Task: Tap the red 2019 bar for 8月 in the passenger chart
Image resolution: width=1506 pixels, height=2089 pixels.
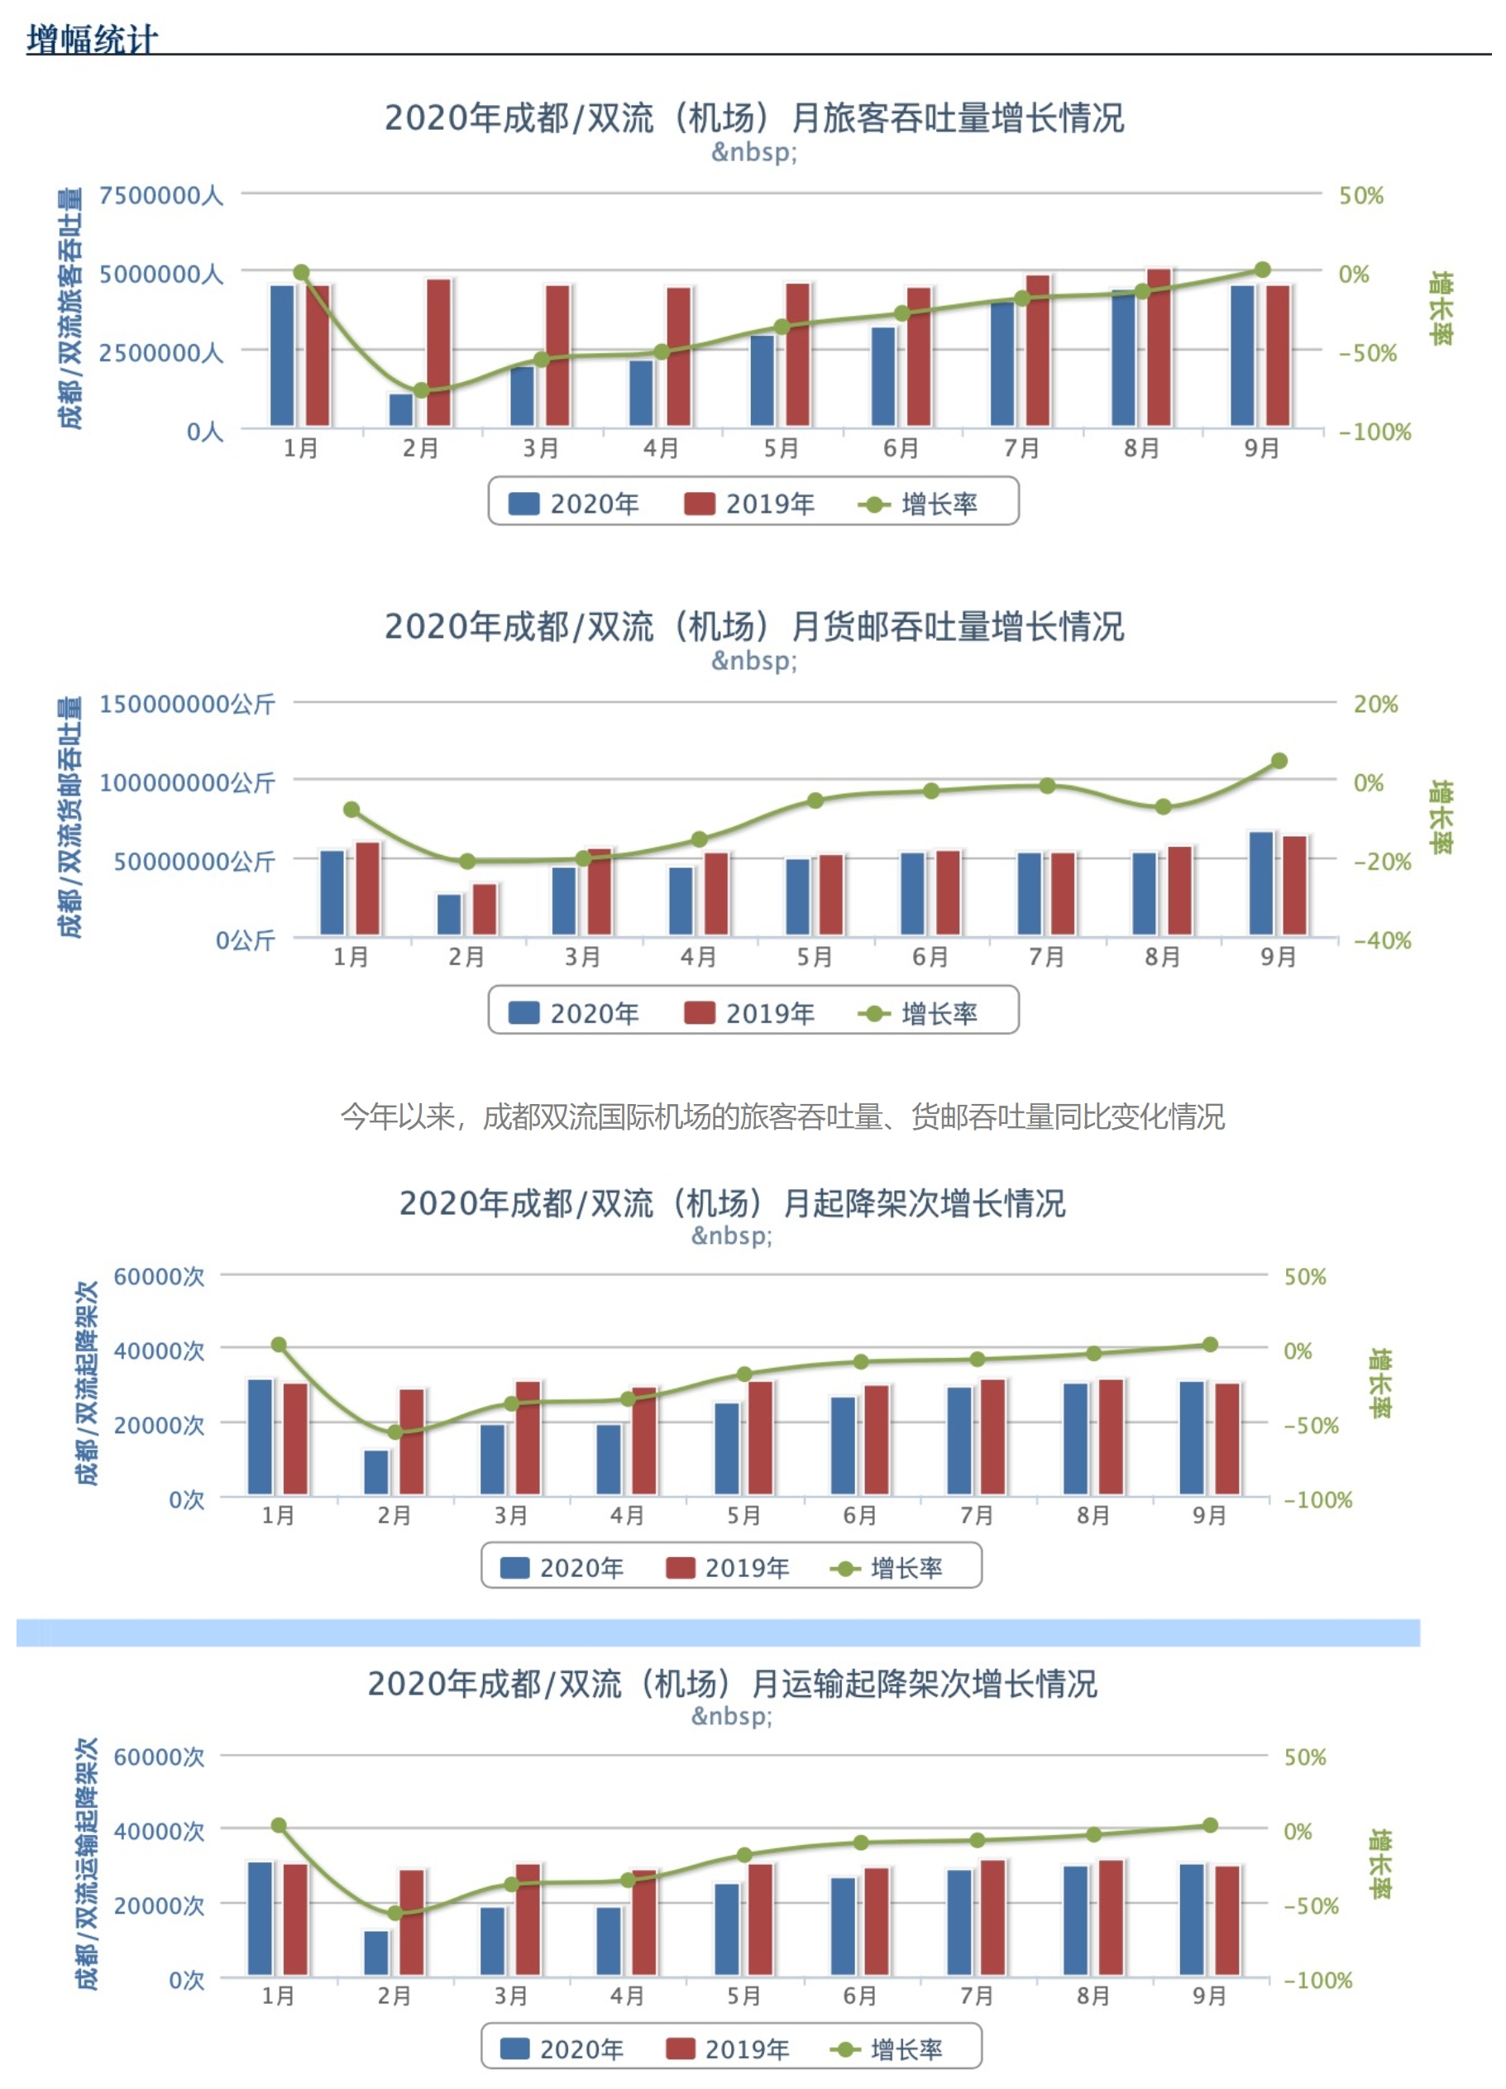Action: click(x=1159, y=347)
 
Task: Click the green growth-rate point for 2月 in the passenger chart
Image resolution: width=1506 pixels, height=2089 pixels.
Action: click(x=421, y=390)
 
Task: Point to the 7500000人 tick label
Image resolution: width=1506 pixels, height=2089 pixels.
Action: click(x=161, y=195)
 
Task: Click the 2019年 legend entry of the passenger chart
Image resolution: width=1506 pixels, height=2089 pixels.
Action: click(x=750, y=504)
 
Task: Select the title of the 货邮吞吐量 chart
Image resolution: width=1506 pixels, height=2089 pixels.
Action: click(x=753, y=626)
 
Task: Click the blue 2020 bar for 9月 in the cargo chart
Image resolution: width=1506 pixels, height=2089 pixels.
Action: click(x=1260, y=883)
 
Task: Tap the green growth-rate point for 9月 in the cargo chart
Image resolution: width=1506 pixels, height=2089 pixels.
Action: click(x=1279, y=761)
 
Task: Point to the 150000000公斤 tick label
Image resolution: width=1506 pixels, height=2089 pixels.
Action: click(x=187, y=705)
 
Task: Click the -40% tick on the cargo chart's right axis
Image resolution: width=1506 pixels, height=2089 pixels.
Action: click(x=1382, y=940)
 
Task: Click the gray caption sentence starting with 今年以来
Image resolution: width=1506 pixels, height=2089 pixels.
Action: click(x=782, y=1116)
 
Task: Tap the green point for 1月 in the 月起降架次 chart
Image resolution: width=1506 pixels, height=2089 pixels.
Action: click(x=279, y=1345)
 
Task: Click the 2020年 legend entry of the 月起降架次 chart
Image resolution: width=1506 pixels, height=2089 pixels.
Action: click(x=563, y=1568)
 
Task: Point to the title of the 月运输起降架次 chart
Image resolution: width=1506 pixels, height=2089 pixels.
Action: click(x=732, y=1684)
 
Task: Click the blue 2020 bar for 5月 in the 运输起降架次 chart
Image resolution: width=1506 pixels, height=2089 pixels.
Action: click(x=727, y=1929)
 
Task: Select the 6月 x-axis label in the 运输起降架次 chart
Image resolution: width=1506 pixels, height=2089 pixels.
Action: click(x=860, y=1996)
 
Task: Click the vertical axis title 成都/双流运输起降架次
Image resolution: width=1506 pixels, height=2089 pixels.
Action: click(x=87, y=1864)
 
